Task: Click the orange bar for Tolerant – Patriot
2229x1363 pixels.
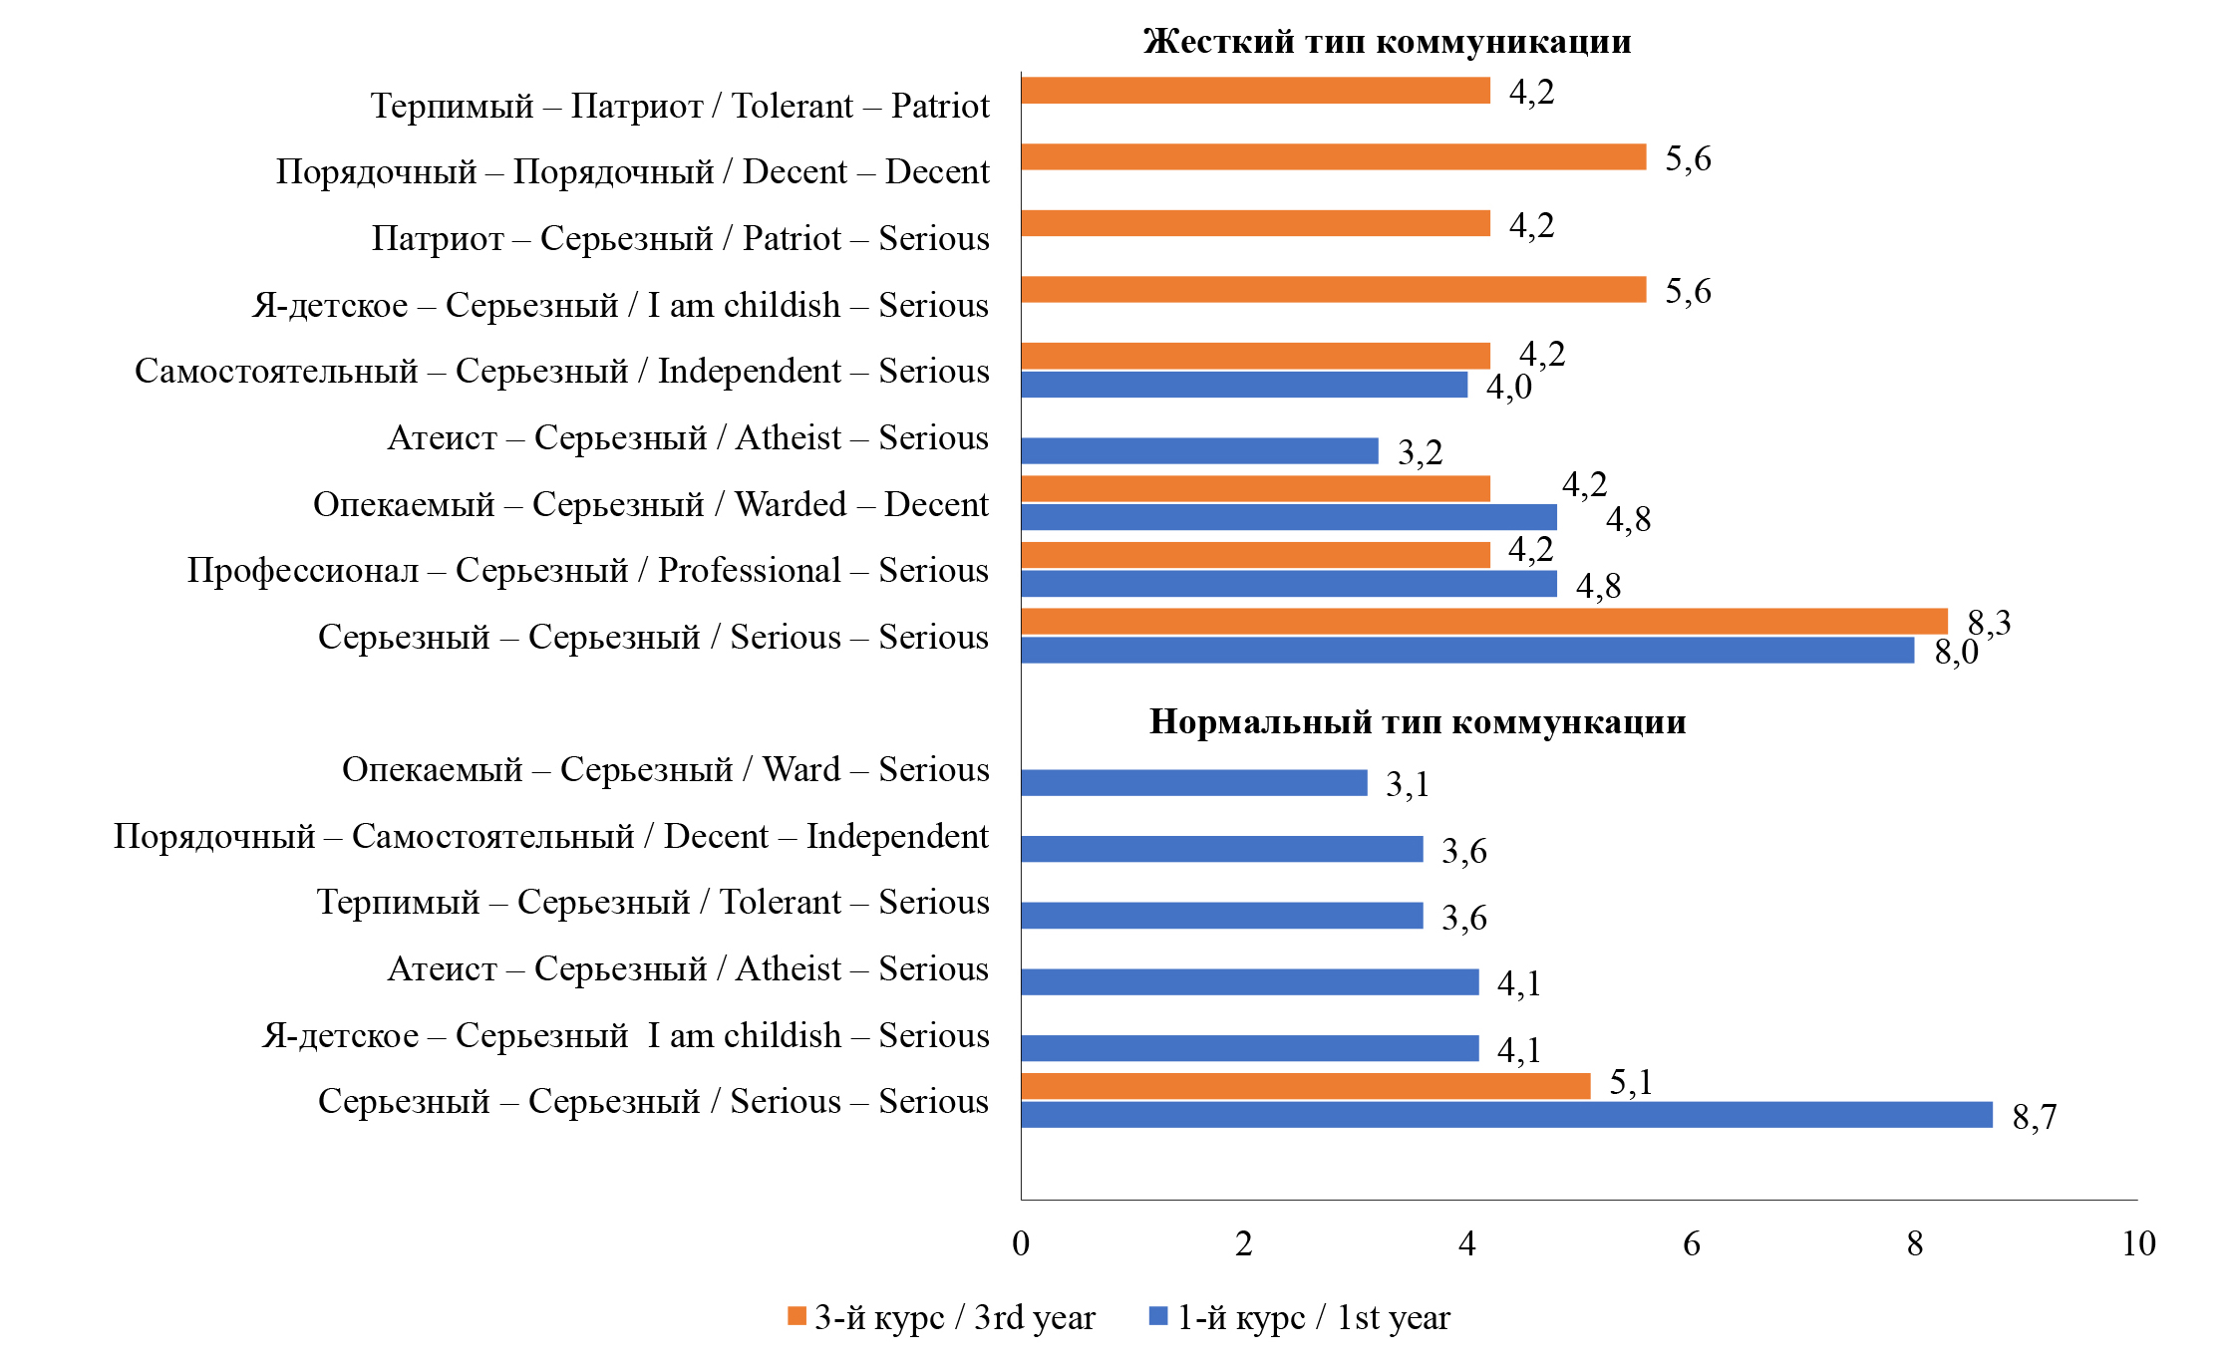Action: click(1255, 91)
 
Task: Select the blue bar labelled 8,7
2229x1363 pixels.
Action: click(1506, 1115)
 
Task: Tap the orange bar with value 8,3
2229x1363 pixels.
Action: click(1484, 622)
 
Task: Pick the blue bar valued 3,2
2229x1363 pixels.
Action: click(1199, 451)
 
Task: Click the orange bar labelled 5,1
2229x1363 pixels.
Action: click(1305, 1086)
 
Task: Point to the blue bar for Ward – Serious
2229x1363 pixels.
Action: click(1194, 783)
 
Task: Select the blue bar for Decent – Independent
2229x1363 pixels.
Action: click(1222, 849)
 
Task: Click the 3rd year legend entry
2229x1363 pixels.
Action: click(941, 1318)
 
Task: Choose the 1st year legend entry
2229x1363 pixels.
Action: click(1300, 1318)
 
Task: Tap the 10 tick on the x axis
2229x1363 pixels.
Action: click(2138, 1243)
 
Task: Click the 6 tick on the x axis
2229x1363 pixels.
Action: click(1692, 1243)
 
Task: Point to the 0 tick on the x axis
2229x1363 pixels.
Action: click(1021, 1243)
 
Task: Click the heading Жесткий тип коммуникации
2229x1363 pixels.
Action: click(1387, 42)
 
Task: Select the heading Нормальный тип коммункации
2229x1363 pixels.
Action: click(1417, 721)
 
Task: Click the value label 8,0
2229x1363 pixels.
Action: click(1956, 653)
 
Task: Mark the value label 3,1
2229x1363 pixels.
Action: click(1407, 785)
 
